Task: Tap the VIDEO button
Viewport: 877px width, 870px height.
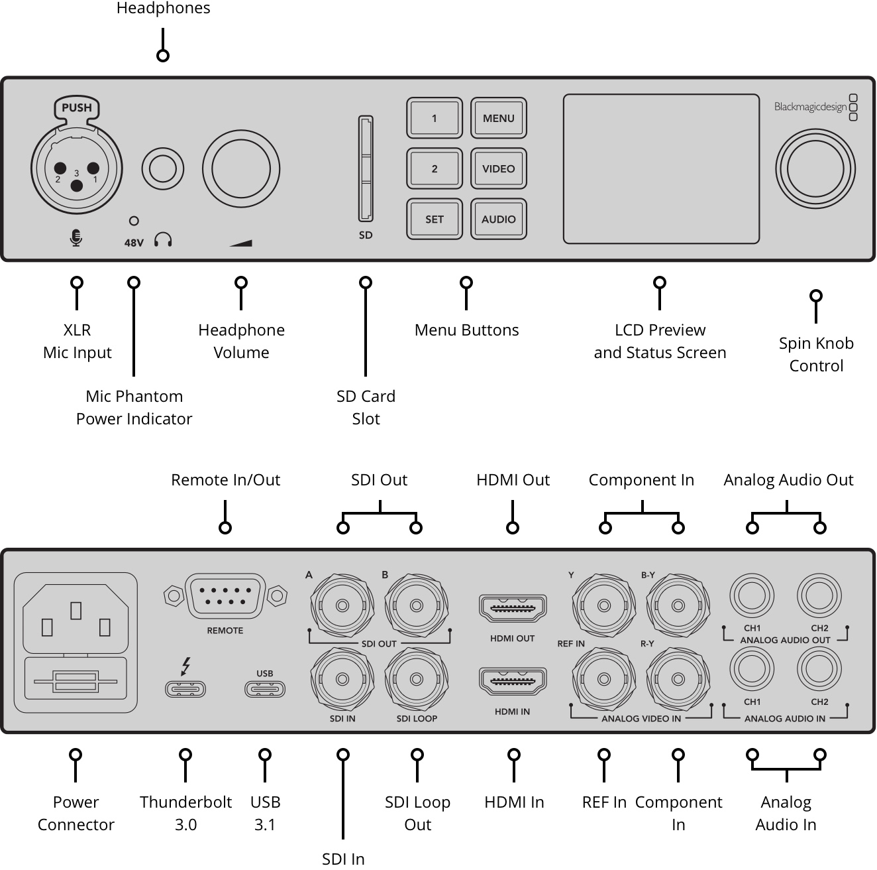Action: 498,168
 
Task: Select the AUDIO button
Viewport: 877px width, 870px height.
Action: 498,219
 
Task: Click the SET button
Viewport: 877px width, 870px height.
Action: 435,219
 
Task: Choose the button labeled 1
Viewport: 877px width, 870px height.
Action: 435,118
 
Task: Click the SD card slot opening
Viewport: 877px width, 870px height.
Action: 366,168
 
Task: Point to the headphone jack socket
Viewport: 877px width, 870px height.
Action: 163,168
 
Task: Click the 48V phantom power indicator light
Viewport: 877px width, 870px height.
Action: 134,221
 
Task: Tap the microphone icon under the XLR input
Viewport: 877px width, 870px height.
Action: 76,238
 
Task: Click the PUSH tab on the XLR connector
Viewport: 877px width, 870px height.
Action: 77,108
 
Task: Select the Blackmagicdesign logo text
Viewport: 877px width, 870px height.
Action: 810,107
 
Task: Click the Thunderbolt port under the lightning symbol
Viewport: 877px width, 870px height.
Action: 185,689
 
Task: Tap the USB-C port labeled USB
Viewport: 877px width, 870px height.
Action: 265,689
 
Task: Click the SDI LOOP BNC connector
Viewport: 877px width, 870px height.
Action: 417,679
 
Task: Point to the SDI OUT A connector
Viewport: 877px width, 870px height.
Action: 342,605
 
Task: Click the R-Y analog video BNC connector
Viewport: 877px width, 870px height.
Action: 678,679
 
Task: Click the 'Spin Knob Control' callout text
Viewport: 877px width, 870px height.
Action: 816,355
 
